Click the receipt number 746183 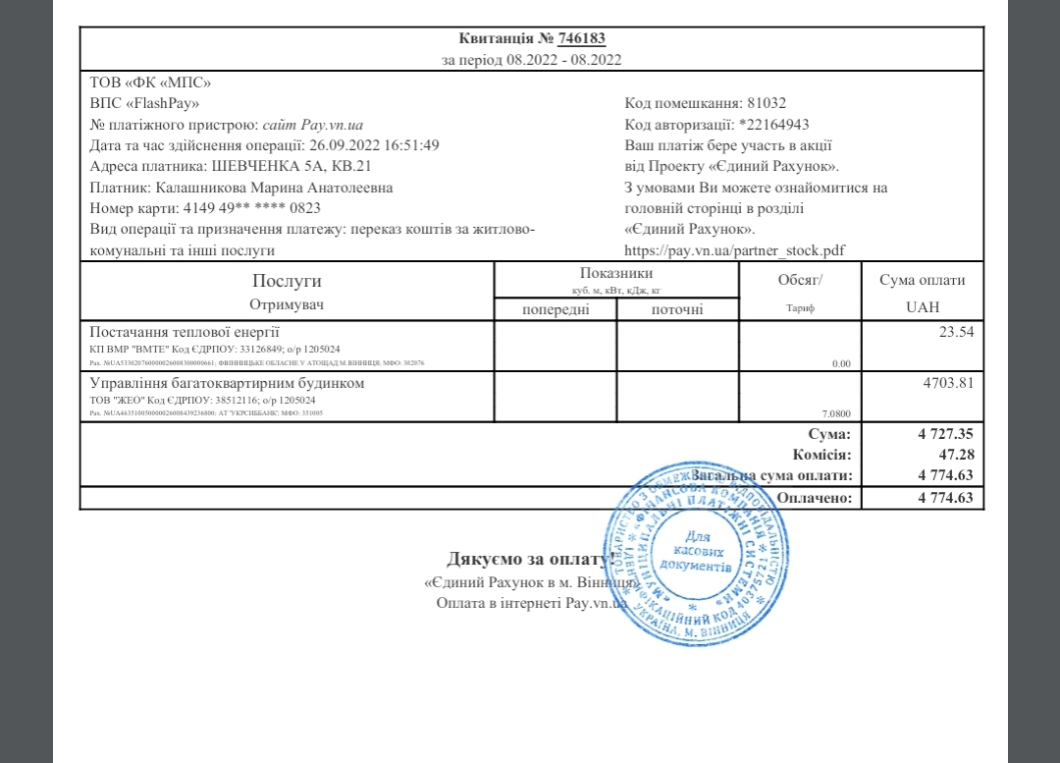point(581,39)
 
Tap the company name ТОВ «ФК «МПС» point(150,82)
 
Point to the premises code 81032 point(767,103)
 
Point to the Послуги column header point(287,281)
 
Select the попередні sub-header point(555,310)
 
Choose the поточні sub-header point(677,310)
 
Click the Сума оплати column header point(923,280)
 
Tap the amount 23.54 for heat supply point(955,332)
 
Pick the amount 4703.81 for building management point(948,383)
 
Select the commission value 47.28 point(955,455)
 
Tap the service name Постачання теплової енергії point(185,331)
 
